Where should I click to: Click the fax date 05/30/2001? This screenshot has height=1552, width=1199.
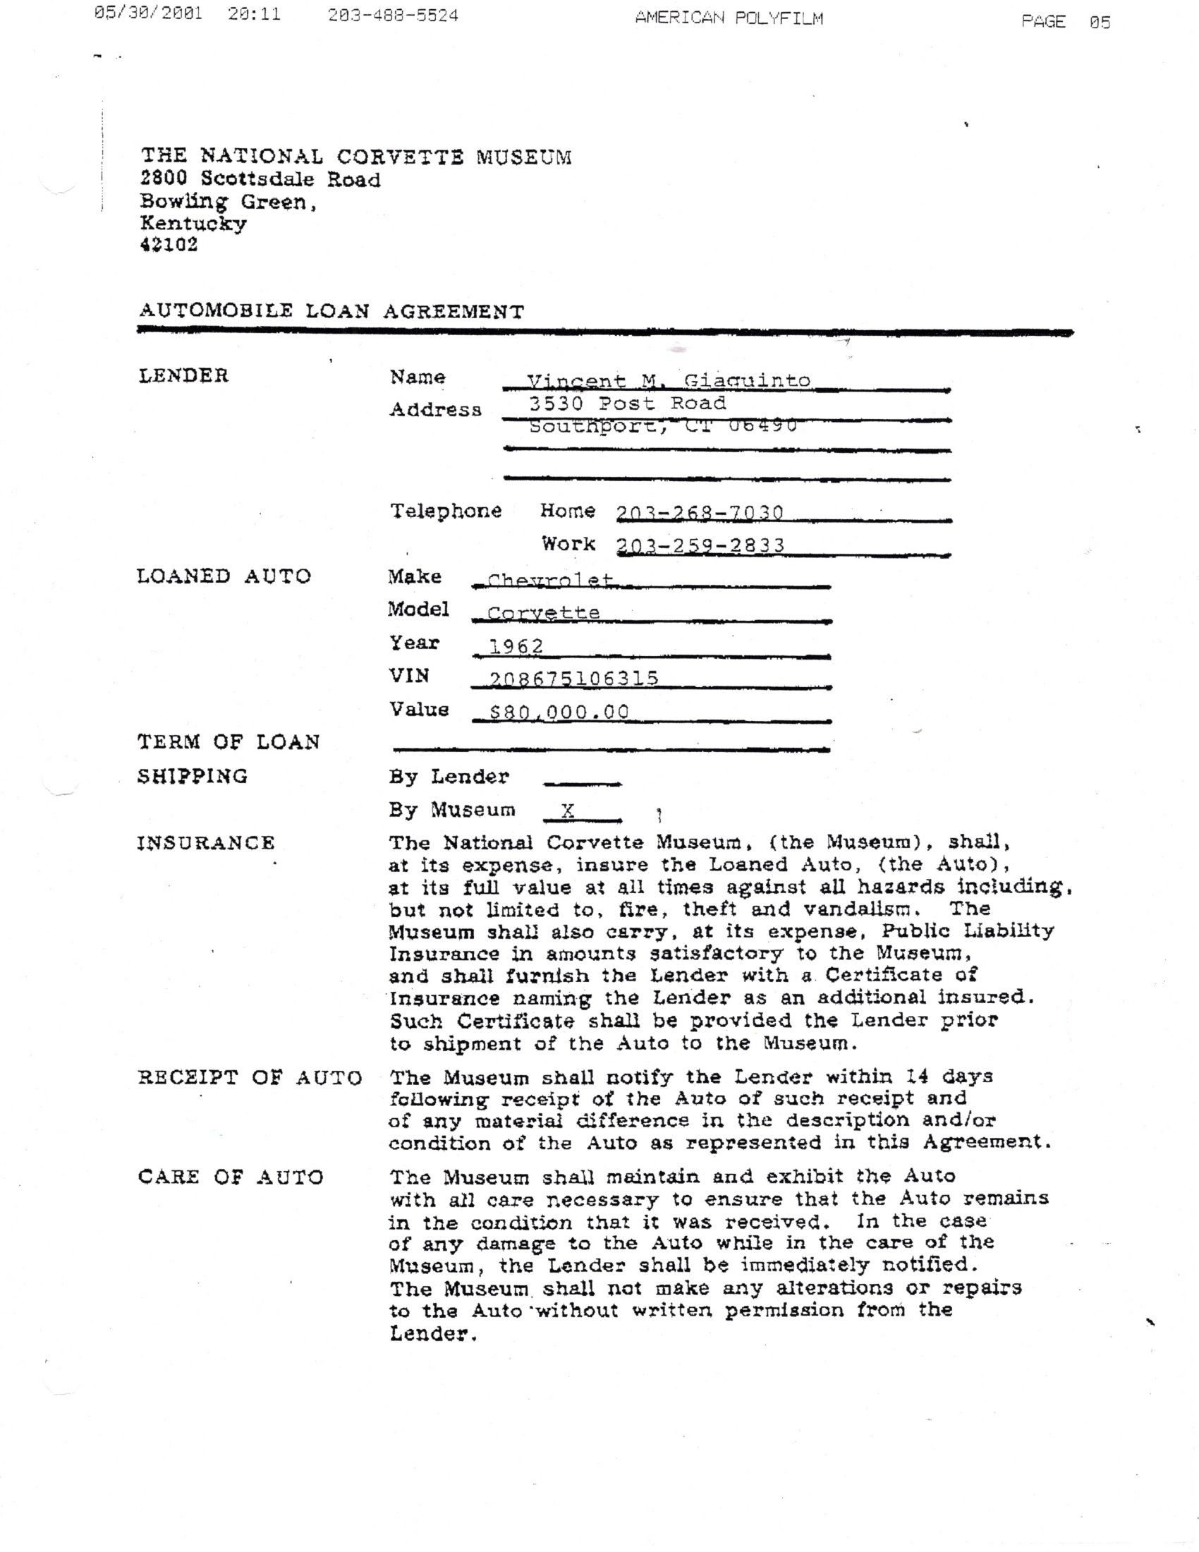(147, 14)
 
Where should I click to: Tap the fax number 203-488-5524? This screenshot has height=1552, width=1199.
(393, 16)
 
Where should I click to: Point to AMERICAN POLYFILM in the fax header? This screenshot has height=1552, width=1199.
(729, 18)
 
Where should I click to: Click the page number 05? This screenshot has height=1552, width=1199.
(1100, 22)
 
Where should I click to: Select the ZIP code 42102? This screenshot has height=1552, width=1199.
(169, 245)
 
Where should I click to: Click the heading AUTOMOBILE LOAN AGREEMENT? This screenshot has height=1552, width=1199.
(331, 311)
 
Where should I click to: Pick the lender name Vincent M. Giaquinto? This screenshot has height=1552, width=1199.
(668, 381)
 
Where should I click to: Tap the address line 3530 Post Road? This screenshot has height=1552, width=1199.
(627, 404)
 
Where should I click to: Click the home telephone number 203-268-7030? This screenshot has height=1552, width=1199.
(700, 512)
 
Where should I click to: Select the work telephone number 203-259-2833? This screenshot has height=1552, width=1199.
(700, 545)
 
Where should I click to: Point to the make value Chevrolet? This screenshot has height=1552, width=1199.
(550, 580)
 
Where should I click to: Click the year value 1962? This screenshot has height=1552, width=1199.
(516, 646)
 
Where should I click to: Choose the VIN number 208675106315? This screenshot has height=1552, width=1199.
(574, 679)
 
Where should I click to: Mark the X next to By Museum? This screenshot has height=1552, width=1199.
(568, 810)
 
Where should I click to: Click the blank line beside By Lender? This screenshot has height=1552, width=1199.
(582, 782)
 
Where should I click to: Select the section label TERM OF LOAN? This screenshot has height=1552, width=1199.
(228, 742)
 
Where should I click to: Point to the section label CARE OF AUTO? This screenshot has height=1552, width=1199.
(231, 1177)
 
